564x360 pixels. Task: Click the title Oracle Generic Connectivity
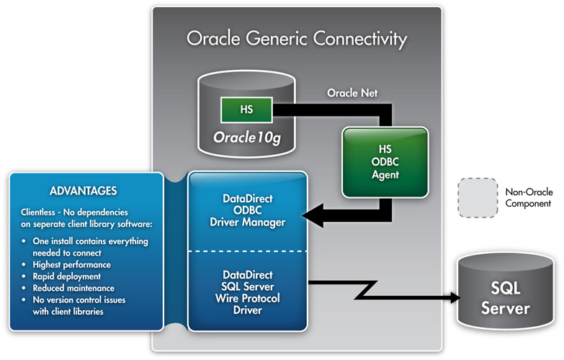pyautogui.click(x=296, y=38)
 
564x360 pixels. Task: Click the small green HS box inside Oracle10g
pyautogui.click(x=246, y=110)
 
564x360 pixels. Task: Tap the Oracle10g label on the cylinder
pyautogui.click(x=247, y=137)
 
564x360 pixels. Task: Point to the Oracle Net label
pyautogui.click(x=354, y=94)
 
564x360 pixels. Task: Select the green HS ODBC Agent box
pyautogui.click(x=385, y=163)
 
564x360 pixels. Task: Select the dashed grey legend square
pyautogui.click(x=477, y=197)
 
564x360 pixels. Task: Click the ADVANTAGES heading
pyautogui.click(x=84, y=192)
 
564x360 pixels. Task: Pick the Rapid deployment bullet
pyautogui.click(x=68, y=276)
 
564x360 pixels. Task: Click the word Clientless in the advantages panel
pyautogui.click(x=42, y=212)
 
